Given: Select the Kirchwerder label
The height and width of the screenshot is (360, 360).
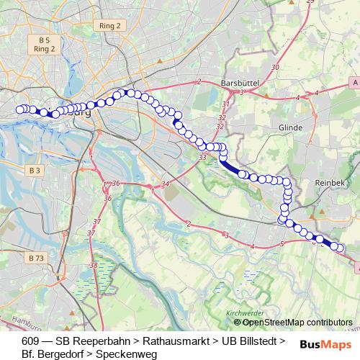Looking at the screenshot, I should click(240, 313).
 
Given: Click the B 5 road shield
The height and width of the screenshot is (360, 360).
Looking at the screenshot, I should click(45, 40).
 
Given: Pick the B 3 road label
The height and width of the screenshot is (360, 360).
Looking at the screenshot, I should click(35, 170).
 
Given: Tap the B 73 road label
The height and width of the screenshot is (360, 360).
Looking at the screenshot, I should click(37, 257).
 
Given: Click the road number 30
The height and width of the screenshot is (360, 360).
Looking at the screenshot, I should click(275, 67).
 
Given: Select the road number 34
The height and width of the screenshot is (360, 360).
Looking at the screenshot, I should click(166, 185).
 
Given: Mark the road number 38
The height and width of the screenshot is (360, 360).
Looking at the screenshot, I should click(94, 265).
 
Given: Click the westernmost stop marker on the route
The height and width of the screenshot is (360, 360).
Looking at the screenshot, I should click(20, 109).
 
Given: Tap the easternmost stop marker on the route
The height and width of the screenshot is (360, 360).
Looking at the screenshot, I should click(340, 249).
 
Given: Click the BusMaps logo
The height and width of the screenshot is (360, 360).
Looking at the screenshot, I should click(320, 344).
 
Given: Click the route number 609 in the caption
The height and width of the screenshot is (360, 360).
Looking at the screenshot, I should click(31, 340).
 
